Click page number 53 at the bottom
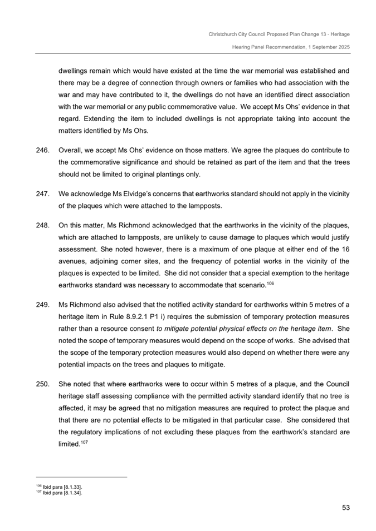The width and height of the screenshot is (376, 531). (x=345, y=507)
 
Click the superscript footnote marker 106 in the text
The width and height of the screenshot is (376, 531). (x=270, y=284)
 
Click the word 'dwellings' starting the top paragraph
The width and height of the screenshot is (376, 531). (x=74, y=72)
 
